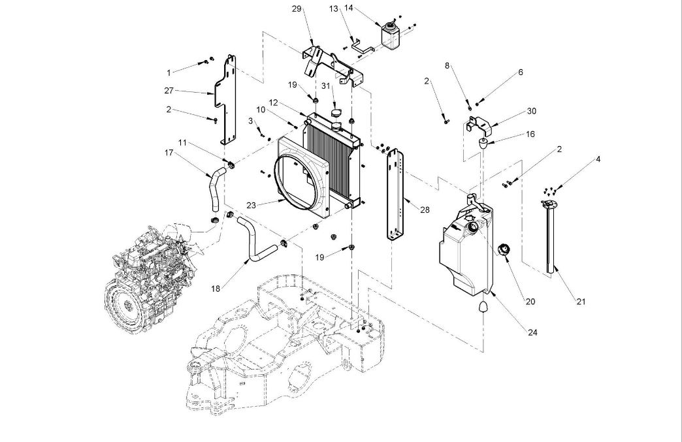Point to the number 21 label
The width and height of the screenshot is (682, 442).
(581, 301)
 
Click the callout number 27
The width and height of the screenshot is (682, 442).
(169, 90)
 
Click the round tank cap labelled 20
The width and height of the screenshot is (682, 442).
(505, 251)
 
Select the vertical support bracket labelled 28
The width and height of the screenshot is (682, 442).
(397, 196)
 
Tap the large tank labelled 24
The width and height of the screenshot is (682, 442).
(465, 248)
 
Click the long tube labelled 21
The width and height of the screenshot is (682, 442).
(550, 238)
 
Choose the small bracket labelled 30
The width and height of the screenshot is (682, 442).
(479, 124)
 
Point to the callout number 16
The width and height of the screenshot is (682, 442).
(530, 133)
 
